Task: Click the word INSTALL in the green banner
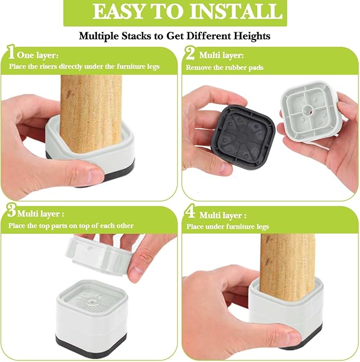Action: [x=236, y=12]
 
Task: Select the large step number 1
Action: [x=11, y=51]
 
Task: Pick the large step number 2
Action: [x=190, y=53]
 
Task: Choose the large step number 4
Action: [x=190, y=211]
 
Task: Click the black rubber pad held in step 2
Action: [x=243, y=137]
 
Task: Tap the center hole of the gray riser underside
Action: [x=308, y=109]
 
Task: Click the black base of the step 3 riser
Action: [x=91, y=343]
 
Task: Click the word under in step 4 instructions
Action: [x=216, y=227]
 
